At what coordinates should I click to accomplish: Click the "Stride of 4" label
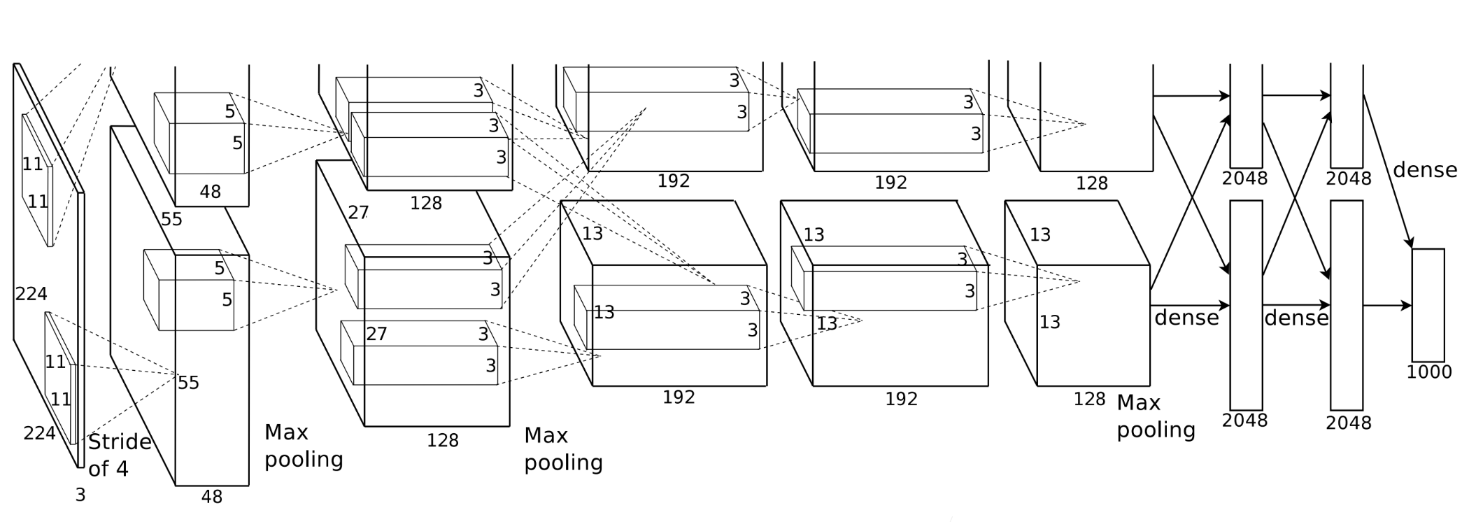(119, 455)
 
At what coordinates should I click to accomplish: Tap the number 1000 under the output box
(1428, 372)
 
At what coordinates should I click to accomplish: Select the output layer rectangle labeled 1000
(1428, 304)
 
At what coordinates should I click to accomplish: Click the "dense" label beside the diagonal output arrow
(1425, 170)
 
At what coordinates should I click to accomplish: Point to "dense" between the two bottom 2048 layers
(1296, 318)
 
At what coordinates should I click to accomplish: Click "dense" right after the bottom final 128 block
(1186, 318)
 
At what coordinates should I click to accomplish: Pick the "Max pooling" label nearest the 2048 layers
(1155, 416)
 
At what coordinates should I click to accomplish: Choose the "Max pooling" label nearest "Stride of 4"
(304, 446)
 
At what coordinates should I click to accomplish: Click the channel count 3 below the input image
(80, 495)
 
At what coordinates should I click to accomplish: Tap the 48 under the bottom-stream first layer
(211, 497)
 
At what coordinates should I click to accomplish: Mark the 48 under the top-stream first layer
(210, 192)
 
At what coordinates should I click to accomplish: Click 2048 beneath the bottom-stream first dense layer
(1244, 421)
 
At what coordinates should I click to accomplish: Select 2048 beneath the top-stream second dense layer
(1348, 179)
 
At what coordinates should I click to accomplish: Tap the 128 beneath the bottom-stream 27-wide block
(442, 441)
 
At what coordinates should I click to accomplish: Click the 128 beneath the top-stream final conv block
(1091, 183)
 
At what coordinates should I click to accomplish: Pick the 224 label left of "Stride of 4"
(39, 434)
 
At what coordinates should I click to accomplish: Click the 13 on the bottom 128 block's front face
(1049, 322)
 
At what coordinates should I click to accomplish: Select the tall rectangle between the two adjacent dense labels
(1246, 305)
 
